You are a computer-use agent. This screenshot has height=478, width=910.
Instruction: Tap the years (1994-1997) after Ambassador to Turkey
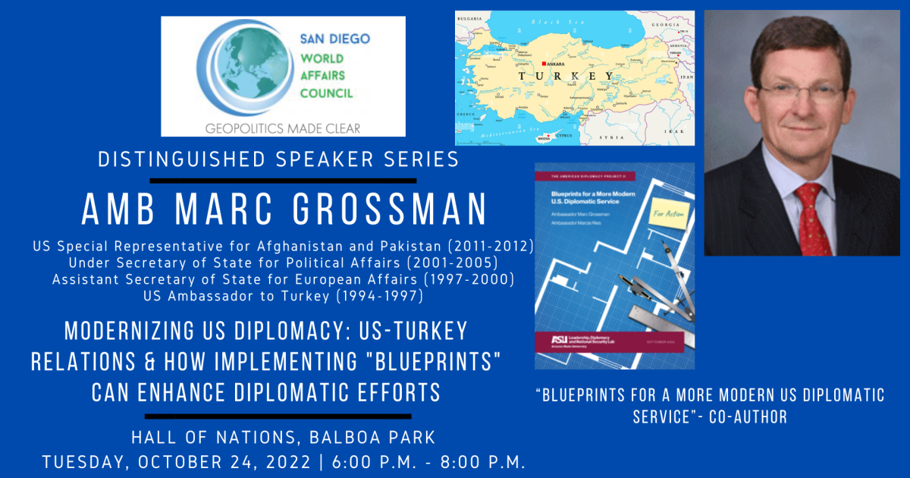tap(378, 297)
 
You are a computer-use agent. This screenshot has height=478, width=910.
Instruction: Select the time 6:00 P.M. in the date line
tap(362, 462)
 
